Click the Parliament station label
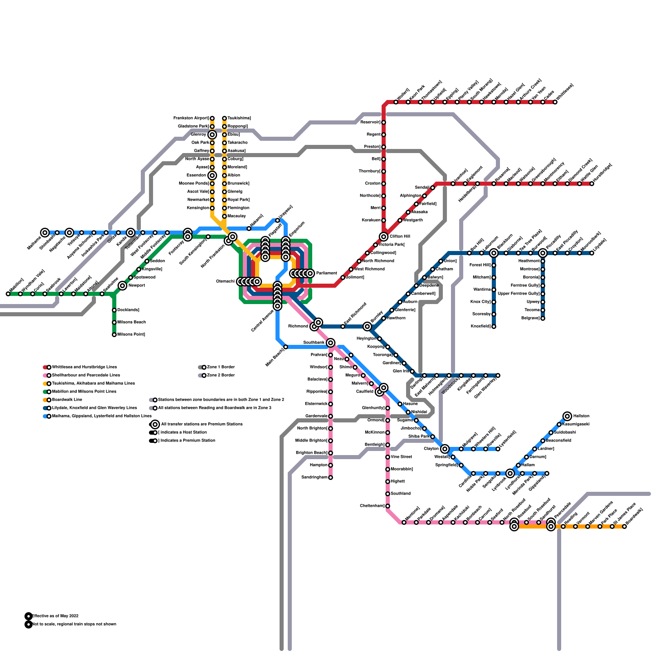[x=326, y=273]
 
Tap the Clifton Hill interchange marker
[x=384, y=237]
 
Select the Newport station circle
[x=122, y=286]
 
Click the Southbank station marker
[x=331, y=343]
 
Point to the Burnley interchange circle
[x=367, y=326]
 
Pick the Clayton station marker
[x=445, y=449]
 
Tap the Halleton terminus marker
[x=567, y=416]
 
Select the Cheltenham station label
[x=372, y=506]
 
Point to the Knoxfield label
[x=480, y=326]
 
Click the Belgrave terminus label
[x=531, y=318]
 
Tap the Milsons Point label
[x=131, y=334]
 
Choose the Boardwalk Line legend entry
[x=67, y=400]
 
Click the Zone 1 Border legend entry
[x=221, y=367]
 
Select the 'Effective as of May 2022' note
[x=55, y=616]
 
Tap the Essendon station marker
[x=212, y=175]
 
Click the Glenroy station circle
[x=212, y=135]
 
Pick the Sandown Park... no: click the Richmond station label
[x=298, y=326]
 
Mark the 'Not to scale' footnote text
[x=74, y=624]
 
